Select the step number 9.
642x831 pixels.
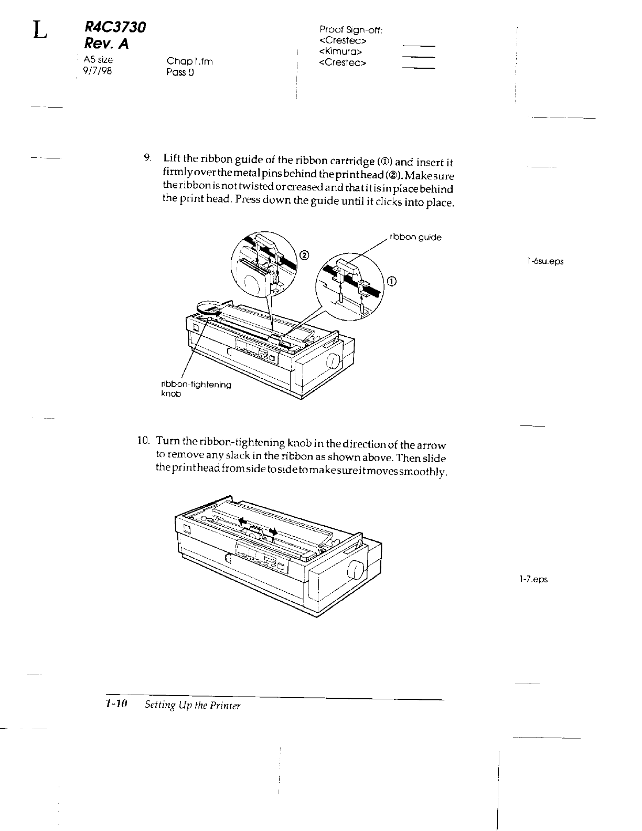[148, 157]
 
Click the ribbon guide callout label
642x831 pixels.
[415, 238]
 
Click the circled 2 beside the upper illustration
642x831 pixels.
[304, 255]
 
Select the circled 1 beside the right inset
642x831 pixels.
[392, 281]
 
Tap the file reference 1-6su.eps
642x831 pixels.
[545, 261]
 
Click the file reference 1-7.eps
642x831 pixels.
[533, 579]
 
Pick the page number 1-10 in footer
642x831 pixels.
[116, 705]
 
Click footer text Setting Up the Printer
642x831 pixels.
[192, 706]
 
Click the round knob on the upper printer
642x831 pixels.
[332, 361]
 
